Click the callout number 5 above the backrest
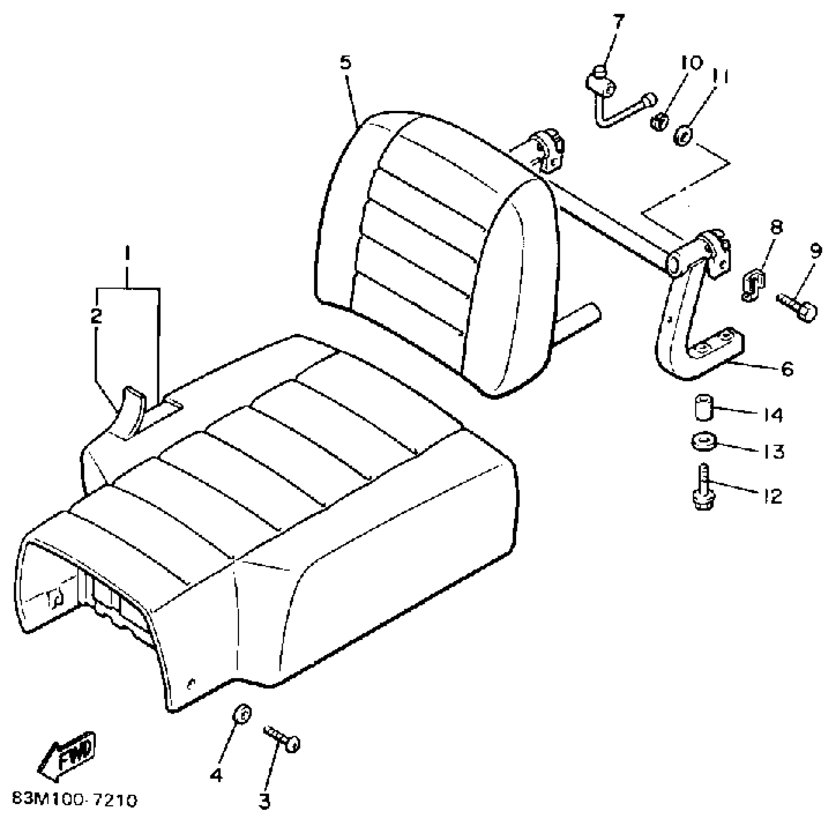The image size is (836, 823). click(x=345, y=63)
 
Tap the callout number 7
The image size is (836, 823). click(x=619, y=22)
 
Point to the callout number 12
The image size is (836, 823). click(x=773, y=496)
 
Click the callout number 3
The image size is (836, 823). click(x=264, y=801)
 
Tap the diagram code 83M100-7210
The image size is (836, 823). click(x=75, y=800)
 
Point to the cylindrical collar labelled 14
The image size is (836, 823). click(x=703, y=408)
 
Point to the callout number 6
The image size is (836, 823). click(x=787, y=369)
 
